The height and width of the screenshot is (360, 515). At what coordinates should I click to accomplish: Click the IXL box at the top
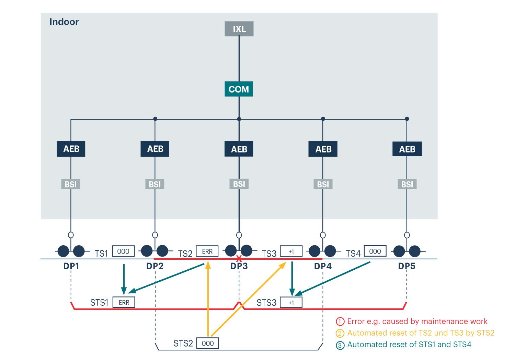pos(239,29)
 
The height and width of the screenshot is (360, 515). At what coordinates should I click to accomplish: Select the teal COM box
pos(239,89)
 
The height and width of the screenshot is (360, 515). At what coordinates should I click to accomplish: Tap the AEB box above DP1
pos(71,149)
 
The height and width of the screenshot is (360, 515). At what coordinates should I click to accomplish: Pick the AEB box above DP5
pos(407,149)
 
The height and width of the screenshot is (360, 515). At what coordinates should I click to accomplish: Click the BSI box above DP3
pos(239,184)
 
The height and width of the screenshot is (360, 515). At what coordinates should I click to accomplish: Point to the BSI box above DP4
pos(323,184)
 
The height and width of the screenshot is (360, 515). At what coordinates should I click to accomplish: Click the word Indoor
pos(64,22)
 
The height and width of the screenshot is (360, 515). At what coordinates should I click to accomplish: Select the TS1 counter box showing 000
pos(123,251)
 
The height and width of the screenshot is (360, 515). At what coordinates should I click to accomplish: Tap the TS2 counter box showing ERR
pos(207,251)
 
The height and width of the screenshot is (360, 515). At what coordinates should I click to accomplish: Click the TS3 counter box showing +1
pos(291,251)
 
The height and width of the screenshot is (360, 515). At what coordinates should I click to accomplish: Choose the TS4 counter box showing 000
pos(375,251)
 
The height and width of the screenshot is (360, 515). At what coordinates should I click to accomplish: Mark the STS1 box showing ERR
pos(124,302)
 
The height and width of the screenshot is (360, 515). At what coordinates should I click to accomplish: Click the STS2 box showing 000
pos(208,343)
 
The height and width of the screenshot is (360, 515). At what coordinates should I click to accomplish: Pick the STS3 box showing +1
pos(291,302)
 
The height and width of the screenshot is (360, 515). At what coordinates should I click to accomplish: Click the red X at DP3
pos(239,259)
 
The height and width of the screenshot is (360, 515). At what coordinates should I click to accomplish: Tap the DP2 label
pos(155,266)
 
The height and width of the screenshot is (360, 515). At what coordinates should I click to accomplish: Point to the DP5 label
pos(407,266)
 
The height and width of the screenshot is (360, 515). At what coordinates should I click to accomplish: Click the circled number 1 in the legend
pos(340,322)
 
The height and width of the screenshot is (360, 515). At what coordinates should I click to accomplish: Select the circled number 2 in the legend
pos(340,333)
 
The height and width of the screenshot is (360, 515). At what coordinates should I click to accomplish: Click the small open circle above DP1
pos(71,235)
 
